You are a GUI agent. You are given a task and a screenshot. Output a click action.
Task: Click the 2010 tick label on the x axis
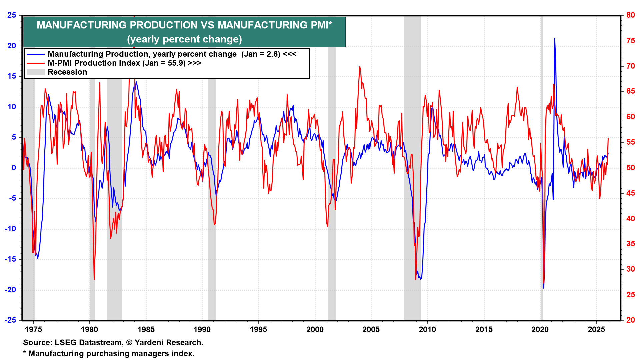(427, 330)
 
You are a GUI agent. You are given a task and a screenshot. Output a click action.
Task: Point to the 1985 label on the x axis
(146, 330)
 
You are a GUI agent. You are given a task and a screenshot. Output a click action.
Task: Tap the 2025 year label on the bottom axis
(596, 330)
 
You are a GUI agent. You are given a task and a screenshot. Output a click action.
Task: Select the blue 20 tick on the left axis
(12, 46)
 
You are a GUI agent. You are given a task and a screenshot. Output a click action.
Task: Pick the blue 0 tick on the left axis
(14, 168)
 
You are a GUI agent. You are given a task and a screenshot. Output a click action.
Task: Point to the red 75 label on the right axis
(630, 41)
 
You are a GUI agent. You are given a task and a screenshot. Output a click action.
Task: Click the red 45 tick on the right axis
(630, 193)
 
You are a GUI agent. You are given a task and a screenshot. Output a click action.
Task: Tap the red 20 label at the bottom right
(630, 320)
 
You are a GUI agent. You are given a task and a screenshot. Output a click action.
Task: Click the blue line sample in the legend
(36, 54)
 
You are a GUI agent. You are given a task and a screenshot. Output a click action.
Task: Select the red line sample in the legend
(36, 63)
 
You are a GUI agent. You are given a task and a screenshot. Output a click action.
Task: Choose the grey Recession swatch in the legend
(36, 72)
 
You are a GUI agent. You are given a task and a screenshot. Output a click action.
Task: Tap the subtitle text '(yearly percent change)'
(184, 39)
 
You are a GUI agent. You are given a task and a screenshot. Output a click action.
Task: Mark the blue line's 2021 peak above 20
(555, 38)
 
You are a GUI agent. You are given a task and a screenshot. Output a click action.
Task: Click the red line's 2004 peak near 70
(360, 67)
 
